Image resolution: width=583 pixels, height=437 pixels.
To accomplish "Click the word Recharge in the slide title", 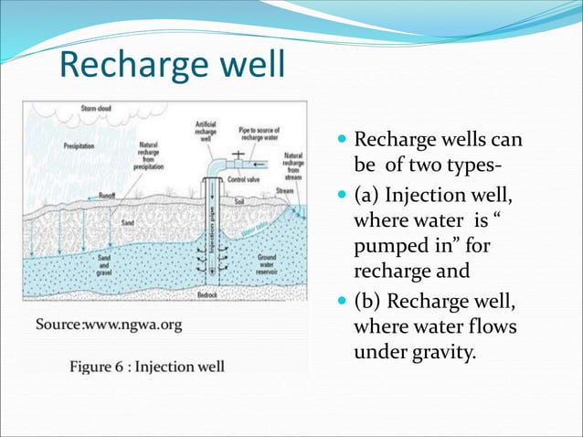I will pyautogui.click(x=122, y=65).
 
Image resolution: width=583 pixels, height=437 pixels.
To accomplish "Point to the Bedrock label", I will pyautogui.click(x=208, y=295).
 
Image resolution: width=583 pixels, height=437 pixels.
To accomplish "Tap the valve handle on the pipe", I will pyautogui.click(x=238, y=154).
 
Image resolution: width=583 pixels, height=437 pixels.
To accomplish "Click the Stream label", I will pyautogui.click(x=285, y=191).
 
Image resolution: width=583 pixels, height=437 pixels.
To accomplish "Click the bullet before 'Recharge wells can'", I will pyautogui.click(x=342, y=142).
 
